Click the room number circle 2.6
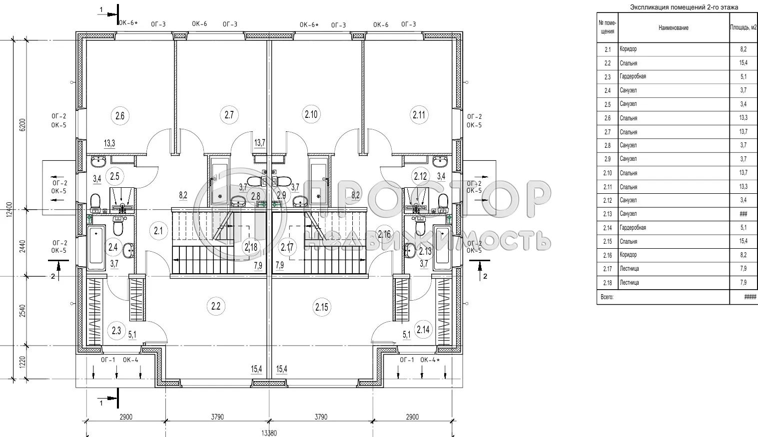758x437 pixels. tap(120, 116)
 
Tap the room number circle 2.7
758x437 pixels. tap(229, 115)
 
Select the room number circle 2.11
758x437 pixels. tap(419, 115)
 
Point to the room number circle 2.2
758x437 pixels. tap(216, 306)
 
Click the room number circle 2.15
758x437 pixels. tap(322, 307)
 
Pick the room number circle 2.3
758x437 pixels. tap(116, 330)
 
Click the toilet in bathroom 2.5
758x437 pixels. tap(95, 202)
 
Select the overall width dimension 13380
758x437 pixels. tap(269, 433)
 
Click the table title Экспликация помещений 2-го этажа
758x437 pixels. tap(684, 7)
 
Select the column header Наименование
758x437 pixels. tap(673, 28)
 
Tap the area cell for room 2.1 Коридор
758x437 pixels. tap(743, 49)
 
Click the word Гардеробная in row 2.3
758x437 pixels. tap(633, 76)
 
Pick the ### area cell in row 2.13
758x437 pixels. tap(743, 214)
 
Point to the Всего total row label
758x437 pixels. tap(607, 297)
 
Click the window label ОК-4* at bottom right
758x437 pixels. tap(430, 360)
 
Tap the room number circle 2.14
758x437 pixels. tap(422, 330)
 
